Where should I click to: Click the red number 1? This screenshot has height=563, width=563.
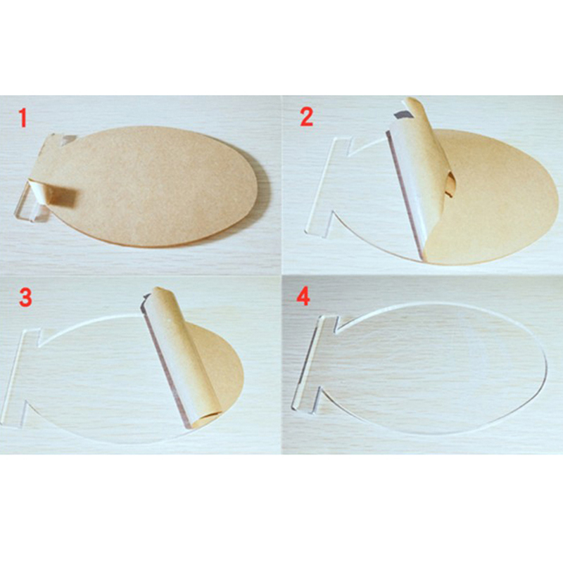[x=23, y=118]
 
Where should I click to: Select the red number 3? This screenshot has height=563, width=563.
[x=25, y=298]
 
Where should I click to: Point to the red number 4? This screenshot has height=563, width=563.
[x=303, y=296]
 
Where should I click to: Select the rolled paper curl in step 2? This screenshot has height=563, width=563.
[x=422, y=172]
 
